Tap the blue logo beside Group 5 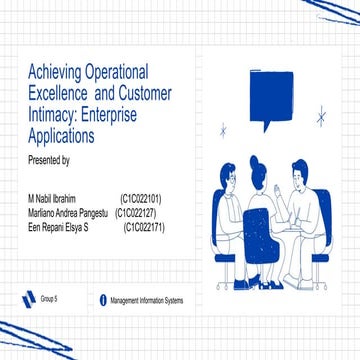click(x=29, y=300)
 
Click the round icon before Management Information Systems click(x=103, y=300)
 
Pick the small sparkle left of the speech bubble click(x=225, y=128)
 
